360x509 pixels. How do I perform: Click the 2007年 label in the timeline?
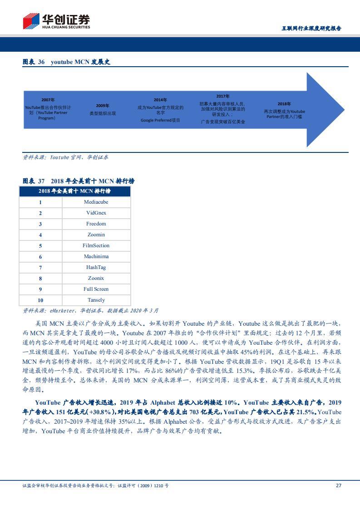48,99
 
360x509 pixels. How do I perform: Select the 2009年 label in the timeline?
102,105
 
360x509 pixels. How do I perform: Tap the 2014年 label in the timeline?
160,100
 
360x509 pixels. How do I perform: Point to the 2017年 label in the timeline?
222,96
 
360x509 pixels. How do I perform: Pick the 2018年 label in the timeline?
284,104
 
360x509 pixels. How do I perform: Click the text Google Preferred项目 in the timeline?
160,120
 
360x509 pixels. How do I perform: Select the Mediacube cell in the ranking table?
96,202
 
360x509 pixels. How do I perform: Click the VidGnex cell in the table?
96,213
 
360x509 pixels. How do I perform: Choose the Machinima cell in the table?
96,256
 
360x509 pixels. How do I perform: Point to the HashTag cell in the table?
96,267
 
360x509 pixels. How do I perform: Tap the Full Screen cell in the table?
96,289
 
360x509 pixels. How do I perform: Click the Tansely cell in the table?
96,300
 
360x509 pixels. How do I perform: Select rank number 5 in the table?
40,245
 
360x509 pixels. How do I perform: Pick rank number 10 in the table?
40,300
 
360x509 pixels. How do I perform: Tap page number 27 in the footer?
338,485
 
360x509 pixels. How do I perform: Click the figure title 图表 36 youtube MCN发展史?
66,62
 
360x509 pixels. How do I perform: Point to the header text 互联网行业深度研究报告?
311,28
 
